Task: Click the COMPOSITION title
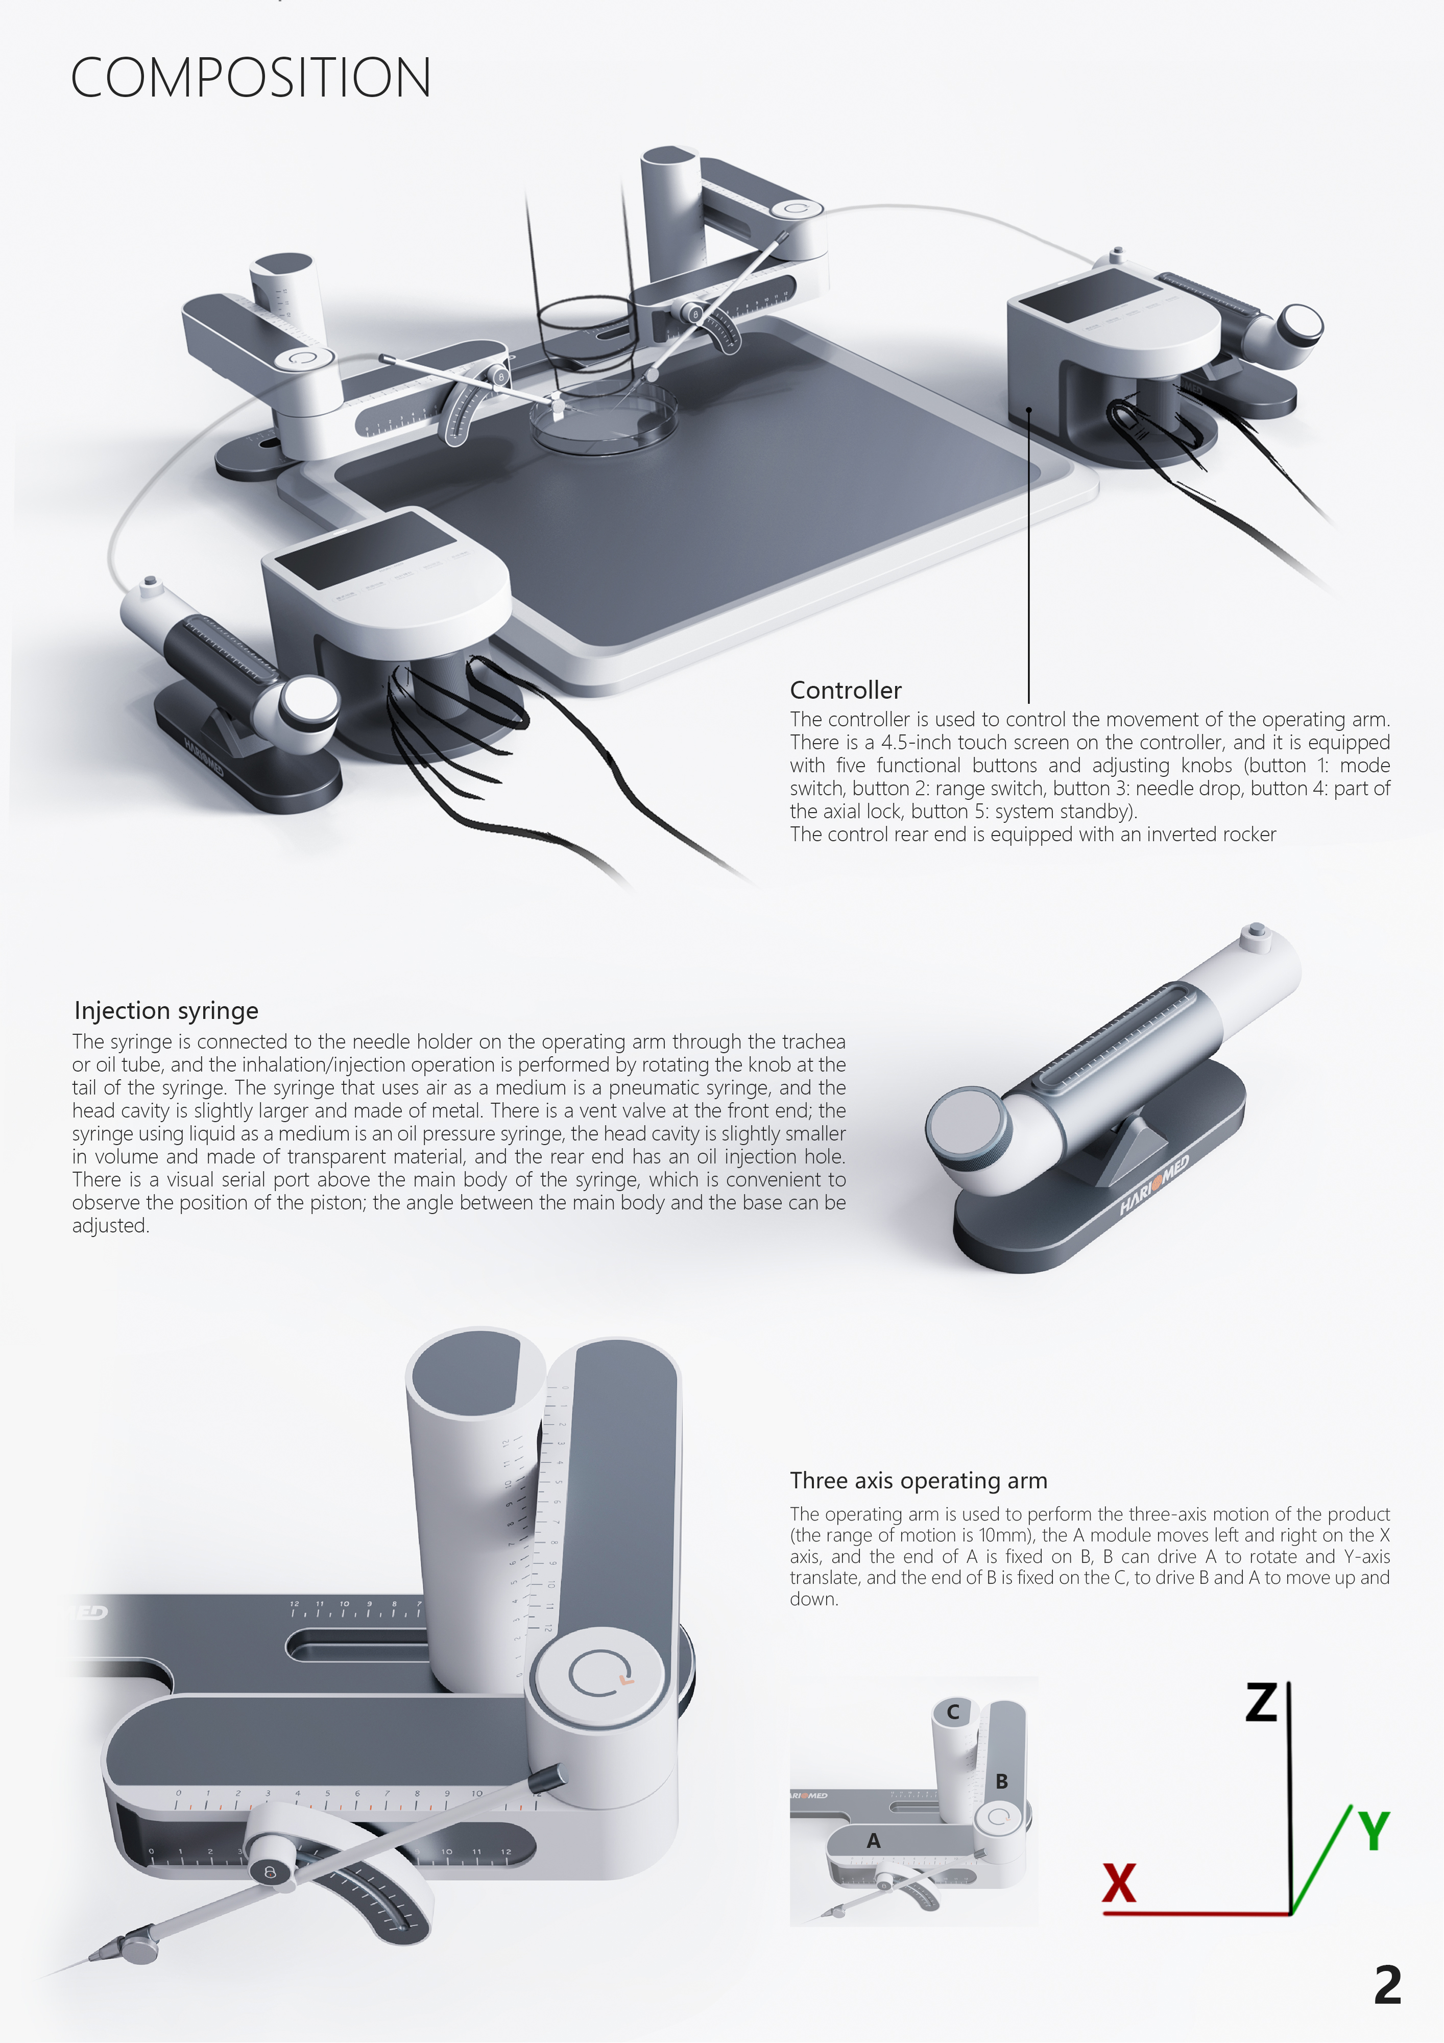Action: click(x=250, y=78)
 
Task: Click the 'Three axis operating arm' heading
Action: click(x=918, y=1480)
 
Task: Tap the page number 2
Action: click(x=1387, y=1985)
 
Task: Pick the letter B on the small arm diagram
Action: click(x=1002, y=1780)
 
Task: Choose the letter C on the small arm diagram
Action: click(x=953, y=1711)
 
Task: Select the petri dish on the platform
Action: click(x=603, y=416)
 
